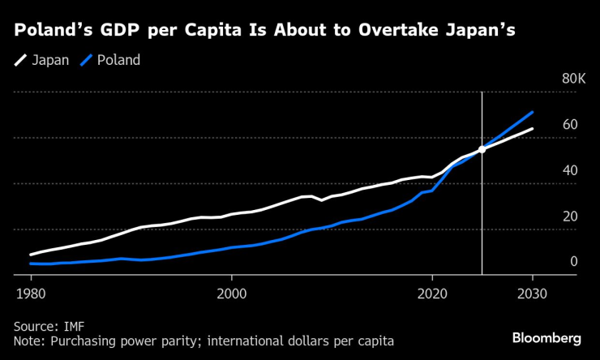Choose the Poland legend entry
click(x=118, y=60)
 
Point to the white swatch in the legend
click(x=20, y=60)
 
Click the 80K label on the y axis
click(x=573, y=79)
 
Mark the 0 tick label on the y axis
click(x=573, y=262)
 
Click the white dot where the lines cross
click(x=482, y=149)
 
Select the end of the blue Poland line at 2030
click(x=532, y=113)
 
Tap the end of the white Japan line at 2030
click(x=532, y=129)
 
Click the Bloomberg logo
click(x=546, y=337)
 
